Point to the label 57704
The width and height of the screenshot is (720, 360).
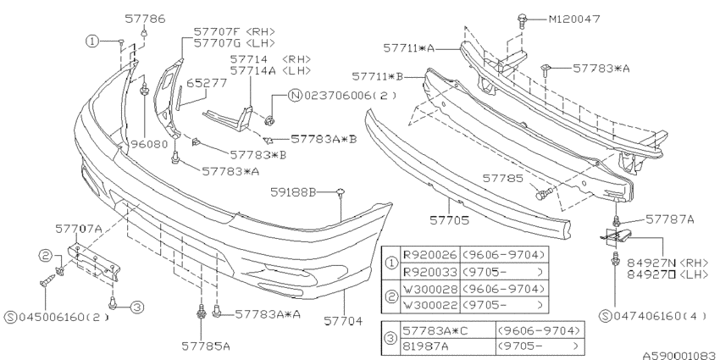[346, 321]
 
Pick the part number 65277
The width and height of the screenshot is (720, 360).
[204, 84]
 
